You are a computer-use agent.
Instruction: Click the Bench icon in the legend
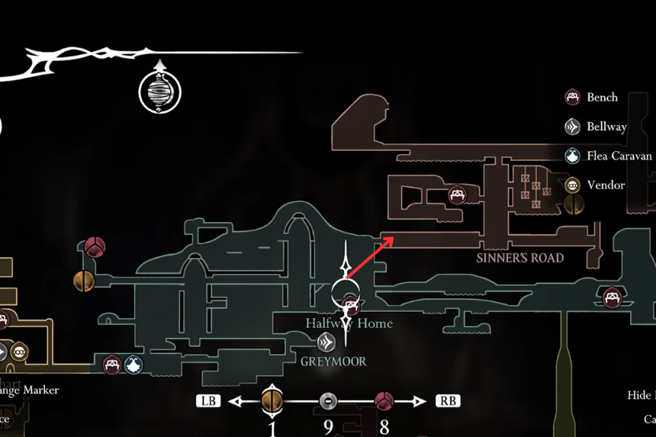pyautogui.click(x=572, y=98)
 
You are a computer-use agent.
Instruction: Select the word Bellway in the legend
pyautogui.click(x=606, y=127)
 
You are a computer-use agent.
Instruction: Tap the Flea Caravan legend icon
pyautogui.click(x=572, y=156)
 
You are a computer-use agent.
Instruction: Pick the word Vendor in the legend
pyautogui.click(x=606, y=185)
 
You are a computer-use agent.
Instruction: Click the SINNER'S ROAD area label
pyautogui.click(x=520, y=258)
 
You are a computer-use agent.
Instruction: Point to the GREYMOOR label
pyautogui.click(x=333, y=361)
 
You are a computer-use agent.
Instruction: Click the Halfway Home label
pyautogui.click(x=349, y=323)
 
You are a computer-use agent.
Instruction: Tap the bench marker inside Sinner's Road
pyautogui.click(x=457, y=195)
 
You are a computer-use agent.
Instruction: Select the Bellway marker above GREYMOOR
pyautogui.click(x=327, y=342)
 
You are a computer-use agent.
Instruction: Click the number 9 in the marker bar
pyautogui.click(x=328, y=426)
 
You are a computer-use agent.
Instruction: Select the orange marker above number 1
pyautogui.click(x=272, y=400)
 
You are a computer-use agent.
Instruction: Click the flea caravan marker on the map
pyautogui.click(x=133, y=365)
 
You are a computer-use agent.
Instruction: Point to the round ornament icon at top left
pyautogui.click(x=160, y=92)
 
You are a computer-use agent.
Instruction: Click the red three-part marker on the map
pyautogui.click(x=95, y=246)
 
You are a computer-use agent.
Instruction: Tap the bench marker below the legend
pyautogui.click(x=612, y=297)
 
